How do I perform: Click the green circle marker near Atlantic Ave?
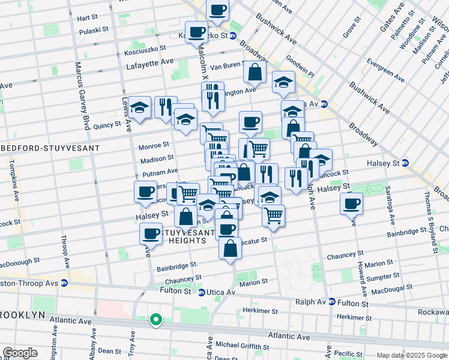pos(155,320)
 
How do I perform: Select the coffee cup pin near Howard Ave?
pos(351,202)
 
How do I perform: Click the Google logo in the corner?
pos(20,353)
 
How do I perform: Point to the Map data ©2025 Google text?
pos(411,355)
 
